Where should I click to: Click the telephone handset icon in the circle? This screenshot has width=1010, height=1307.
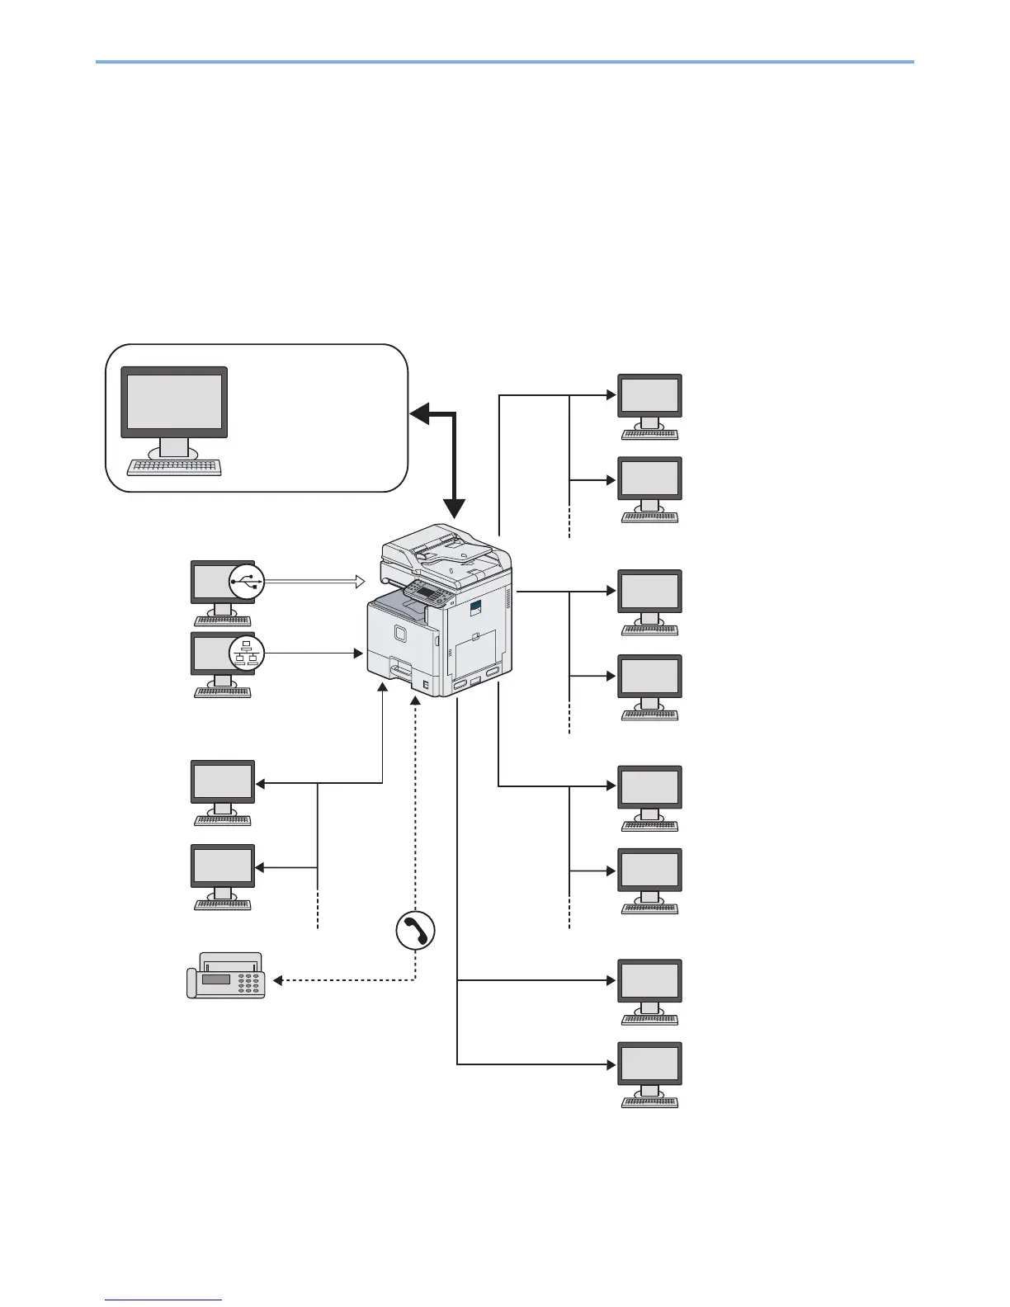[x=415, y=931]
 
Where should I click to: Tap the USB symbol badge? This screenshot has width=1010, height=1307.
[x=247, y=581]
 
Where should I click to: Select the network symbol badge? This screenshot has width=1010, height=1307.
[x=247, y=653]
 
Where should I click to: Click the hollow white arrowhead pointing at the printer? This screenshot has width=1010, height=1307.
[x=360, y=582]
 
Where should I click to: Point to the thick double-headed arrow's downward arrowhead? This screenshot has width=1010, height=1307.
[x=455, y=510]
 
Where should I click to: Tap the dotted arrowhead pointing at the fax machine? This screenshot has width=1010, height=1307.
[x=278, y=980]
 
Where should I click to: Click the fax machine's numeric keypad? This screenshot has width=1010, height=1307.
[x=248, y=982]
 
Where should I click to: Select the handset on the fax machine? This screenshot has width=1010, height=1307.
[x=191, y=984]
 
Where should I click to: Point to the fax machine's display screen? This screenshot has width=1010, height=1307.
[x=215, y=979]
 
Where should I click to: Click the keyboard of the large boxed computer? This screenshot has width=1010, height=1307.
[x=174, y=468]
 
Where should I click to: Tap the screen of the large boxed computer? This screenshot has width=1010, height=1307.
[x=174, y=402]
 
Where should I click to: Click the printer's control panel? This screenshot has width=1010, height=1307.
[x=429, y=591]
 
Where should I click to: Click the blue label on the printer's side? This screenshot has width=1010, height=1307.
[x=474, y=608]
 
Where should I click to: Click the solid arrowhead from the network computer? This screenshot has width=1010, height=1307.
[x=359, y=653]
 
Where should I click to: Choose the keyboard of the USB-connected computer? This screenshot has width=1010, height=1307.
[x=223, y=620]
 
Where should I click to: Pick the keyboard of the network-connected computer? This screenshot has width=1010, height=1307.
[x=223, y=692]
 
